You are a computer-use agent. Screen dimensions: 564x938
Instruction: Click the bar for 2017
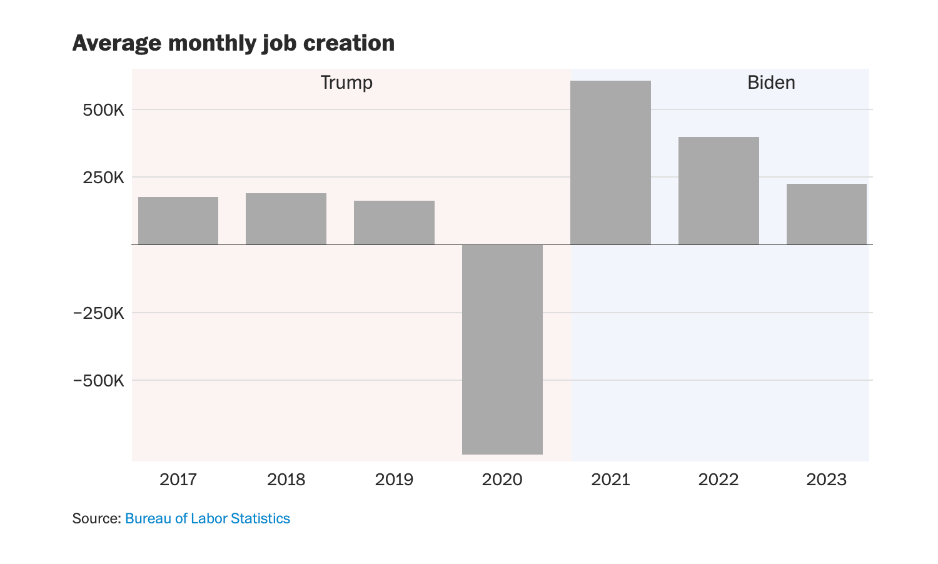(x=178, y=221)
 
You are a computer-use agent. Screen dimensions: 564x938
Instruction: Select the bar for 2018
(x=286, y=219)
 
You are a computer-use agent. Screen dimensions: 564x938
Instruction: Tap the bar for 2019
(x=394, y=223)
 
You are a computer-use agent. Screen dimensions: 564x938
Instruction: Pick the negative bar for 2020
(x=502, y=349)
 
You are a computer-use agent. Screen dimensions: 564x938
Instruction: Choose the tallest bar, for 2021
(x=610, y=163)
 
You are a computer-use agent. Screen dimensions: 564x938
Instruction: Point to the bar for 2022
(x=719, y=191)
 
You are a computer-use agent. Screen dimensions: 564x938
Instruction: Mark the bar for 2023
(x=826, y=214)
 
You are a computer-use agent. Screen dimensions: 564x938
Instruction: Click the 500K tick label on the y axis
(x=104, y=110)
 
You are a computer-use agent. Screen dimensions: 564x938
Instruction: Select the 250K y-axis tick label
(x=104, y=178)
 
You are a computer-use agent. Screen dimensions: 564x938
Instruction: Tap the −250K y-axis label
(x=99, y=313)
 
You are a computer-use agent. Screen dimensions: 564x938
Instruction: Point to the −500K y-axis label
(x=99, y=380)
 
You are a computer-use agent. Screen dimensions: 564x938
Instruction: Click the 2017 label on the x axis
(x=178, y=480)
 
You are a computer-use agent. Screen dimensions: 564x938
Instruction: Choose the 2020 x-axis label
(x=502, y=480)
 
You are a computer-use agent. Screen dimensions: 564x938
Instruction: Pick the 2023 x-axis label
(x=826, y=480)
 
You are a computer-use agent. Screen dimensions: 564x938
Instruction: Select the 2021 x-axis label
(x=610, y=480)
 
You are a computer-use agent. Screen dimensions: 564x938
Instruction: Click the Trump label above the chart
(x=346, y=83)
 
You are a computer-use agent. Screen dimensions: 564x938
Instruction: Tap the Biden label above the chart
(x=771, y=83)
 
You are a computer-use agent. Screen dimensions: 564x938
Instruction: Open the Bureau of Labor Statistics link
(x=208, y=518)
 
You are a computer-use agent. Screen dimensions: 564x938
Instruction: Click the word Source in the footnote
(x=95, y=518)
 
